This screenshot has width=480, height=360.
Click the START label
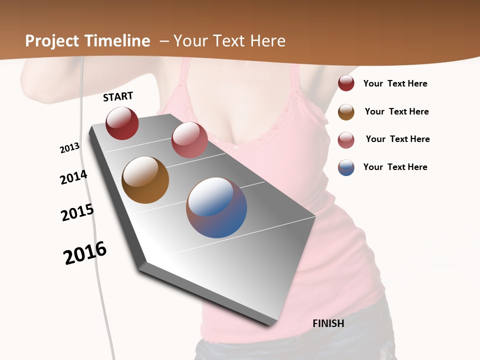(x=118, y=96)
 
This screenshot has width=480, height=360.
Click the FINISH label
(x=328, y=323)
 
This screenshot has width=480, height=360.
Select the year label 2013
(x=69, y=148)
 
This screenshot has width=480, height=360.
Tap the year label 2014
(x=73, y=177)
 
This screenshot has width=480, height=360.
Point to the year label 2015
(x=77, y=212)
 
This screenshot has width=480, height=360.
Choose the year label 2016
(x=85, y=253)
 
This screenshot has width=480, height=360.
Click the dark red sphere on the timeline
(x=122, y=123)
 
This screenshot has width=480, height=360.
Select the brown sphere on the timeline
(x=145, y=180)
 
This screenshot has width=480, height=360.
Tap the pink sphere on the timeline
(x=189, y=140)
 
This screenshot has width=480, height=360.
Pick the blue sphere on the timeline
(x=216, y=207)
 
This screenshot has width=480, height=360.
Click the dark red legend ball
(x=346, y=83)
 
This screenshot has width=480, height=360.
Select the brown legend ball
(x=346, y=112)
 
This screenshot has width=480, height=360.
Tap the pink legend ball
(x=346, y=140)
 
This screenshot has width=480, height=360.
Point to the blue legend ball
(x=346, y=167)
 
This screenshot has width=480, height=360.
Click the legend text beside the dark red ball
(x=395, y=84)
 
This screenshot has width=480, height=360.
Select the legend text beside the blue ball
(x=395, y=167)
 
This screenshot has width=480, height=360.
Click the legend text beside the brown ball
(x=396, y=111)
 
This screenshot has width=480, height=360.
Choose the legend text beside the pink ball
(x=397, y=139)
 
